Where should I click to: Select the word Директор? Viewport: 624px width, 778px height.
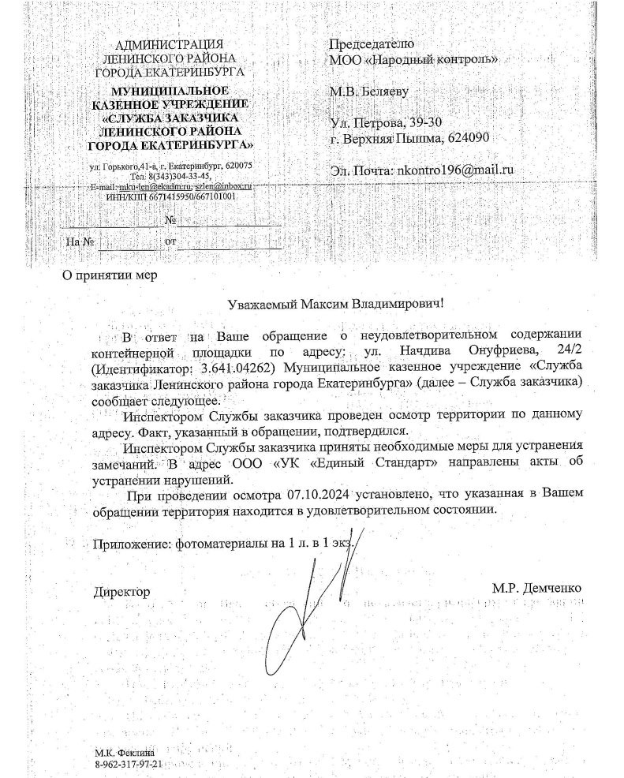click(121, 590)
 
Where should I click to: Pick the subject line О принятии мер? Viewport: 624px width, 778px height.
click(110, 275)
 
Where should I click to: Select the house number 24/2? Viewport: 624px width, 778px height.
click(567, 353)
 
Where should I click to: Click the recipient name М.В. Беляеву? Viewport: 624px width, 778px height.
click(370, 92)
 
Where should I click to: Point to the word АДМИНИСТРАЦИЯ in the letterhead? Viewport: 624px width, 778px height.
click(169, 44)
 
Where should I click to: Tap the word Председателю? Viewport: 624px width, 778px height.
click(372, 43)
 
